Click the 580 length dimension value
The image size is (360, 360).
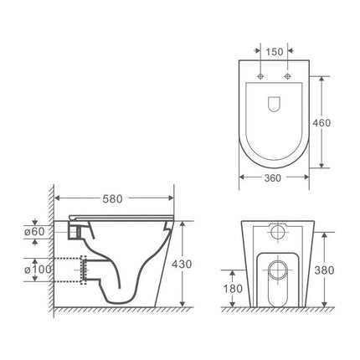tap(113, 198)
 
